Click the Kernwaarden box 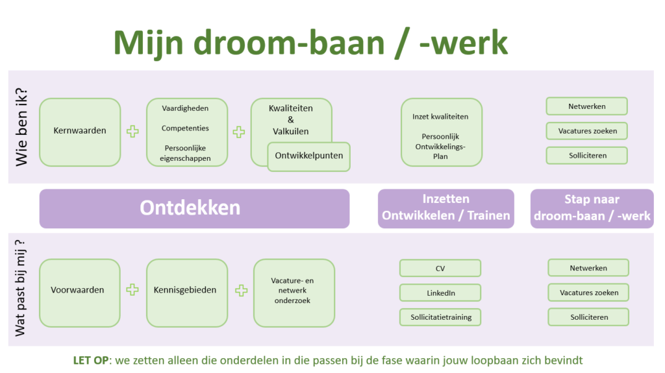click(80, 132)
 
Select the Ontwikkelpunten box click(308, 156)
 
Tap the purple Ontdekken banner click(194, 208)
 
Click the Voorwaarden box click(80, 293)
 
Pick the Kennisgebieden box click(186, 293)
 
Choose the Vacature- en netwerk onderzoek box click(294, 293)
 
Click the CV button click(440, 268)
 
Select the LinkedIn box click(440, 293)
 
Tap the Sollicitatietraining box click(440, 317)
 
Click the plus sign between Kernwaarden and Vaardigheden click(132, 132)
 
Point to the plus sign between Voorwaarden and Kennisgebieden click(132, 290)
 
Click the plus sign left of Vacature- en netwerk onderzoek click(242, 291)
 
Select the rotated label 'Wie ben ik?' click(21, 126)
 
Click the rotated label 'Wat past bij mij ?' click(20, 288)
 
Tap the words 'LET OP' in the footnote click(91, 360)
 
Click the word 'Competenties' click(185, 128)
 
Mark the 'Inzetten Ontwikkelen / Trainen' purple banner click(445, 208)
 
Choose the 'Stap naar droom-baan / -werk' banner click(592, 208)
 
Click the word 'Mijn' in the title click(149, 43)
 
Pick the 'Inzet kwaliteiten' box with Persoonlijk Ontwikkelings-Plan click(442, 132)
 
